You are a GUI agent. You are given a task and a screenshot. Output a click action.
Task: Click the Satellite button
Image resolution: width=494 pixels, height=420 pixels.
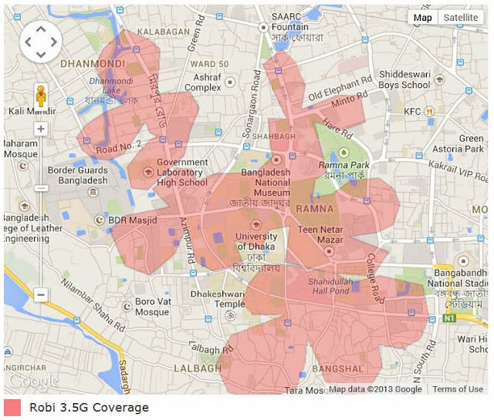461,18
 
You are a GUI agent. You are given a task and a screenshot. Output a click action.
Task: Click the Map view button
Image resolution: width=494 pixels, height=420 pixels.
423,18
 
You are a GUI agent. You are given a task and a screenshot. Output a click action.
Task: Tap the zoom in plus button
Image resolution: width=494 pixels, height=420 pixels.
41,129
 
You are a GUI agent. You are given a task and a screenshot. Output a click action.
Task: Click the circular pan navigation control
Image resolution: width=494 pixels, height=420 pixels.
41,41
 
